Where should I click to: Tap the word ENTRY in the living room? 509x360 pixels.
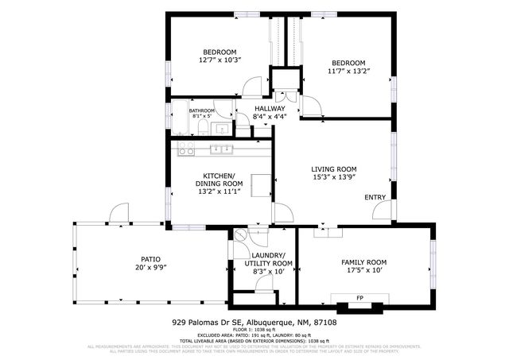coord(375,197)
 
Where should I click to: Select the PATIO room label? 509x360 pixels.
coord(151,259)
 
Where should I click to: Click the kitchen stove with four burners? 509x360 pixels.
coord(186,149)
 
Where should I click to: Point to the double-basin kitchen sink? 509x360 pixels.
coord(220,149)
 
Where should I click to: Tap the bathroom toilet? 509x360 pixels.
coord(203,127)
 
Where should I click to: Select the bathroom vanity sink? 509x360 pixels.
coord(222,127)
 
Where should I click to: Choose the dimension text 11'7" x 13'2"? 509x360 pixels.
coord(348,72)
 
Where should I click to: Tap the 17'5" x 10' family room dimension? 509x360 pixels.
coord(363,271)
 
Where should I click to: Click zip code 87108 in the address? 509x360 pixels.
coord(325,323)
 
